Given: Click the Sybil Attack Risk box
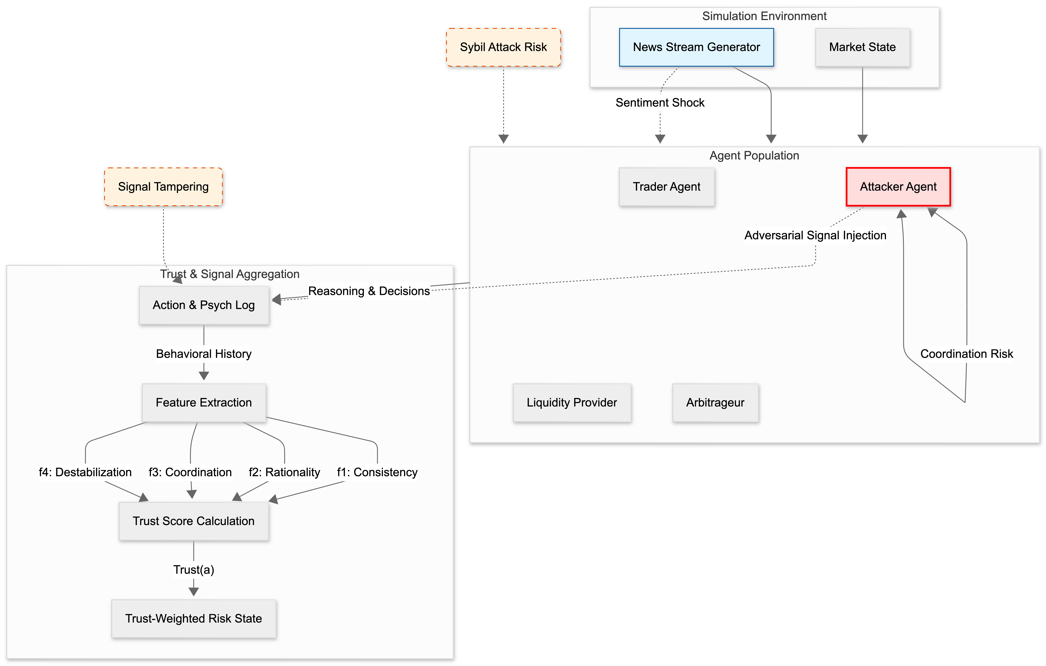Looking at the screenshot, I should pos(503,47).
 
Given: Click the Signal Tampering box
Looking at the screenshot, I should pos(163,187).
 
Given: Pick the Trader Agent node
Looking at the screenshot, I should pos(666,187).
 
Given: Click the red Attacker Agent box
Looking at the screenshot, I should pos(898,187).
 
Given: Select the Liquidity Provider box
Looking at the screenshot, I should pos(572,403).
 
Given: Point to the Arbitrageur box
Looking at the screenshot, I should pos(715,403).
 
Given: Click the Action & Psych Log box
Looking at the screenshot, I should pos(204,305).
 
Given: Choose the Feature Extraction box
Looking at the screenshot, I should pos(204,403).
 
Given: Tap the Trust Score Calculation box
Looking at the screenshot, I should pos(194,521).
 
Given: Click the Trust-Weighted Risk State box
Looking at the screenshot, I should pos(194,619).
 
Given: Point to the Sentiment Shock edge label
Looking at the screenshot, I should pos(660,103).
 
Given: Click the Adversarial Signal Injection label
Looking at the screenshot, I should pos(815,235).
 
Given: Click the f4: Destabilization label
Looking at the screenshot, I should pos(85,472).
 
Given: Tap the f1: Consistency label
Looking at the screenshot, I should pos(377,472).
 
